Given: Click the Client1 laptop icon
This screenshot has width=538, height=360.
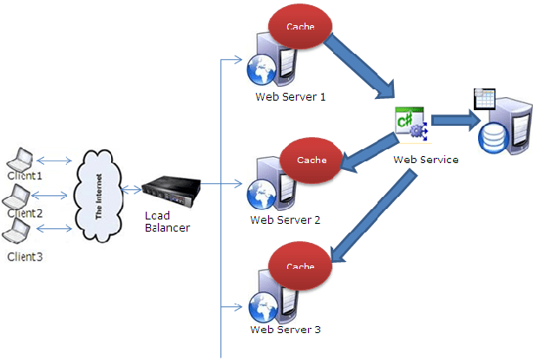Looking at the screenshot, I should pyautogui.click(x=21, y=160).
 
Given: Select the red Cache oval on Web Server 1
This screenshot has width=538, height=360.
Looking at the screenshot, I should pyautogui.click(x=300, y=28).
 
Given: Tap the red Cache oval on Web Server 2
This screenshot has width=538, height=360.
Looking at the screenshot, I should pyautogui.click(x=312, y=160).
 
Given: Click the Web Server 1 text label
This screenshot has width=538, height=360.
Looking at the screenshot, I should pyautogui.click(x=290, y=96).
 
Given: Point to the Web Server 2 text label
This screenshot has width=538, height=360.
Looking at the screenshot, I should pyautogui.click(x=285, y=219).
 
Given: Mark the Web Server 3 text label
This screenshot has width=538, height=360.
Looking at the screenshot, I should pyautogui.click(x=285, y=330).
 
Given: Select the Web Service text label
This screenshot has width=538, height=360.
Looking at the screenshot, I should pyautogui.click(x=426, y=160).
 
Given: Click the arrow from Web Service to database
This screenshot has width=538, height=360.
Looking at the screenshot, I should pyautogui.click(x=452, y=120).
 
